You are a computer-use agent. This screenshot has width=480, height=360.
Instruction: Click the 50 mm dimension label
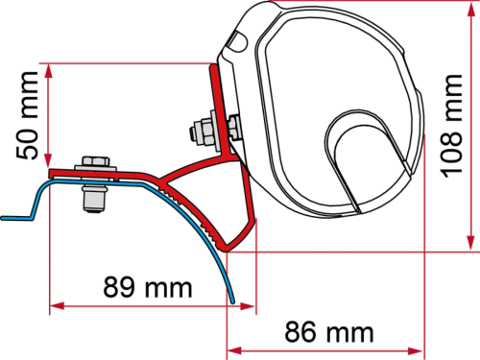click(x=27, y=115)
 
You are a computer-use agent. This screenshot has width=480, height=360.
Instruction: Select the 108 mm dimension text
click(x=451, y=126)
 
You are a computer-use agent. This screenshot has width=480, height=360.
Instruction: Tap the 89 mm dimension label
click(x=148, y=287)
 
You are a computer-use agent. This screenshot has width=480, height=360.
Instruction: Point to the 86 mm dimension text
click(x=329, y=332)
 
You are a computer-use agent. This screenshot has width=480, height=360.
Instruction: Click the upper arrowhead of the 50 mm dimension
click(x=48, y=71)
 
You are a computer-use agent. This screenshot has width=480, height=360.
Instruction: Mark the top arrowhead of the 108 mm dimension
click(x=470, y=10)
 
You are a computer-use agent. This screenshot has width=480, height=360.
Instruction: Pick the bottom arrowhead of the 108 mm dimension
click(x=470, y=243)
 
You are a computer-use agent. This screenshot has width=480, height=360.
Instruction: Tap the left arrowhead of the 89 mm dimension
click(x=58, y=306)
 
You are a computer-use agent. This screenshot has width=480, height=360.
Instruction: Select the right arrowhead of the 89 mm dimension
click(x=247, y=306)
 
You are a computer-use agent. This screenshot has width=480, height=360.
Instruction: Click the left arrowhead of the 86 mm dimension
click(x=234, y=351)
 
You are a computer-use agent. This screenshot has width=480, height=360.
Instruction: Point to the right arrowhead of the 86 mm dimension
click(x=416, y=351)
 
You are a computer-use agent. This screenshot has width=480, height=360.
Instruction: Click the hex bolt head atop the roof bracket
click(x=96, y=161)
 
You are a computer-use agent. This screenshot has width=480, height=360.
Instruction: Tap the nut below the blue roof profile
click(x=94, y=199)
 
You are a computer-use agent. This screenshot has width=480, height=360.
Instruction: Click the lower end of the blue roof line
click(x=232, y=300)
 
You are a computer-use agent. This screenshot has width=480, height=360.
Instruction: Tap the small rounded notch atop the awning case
click(x=238, y=40)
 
